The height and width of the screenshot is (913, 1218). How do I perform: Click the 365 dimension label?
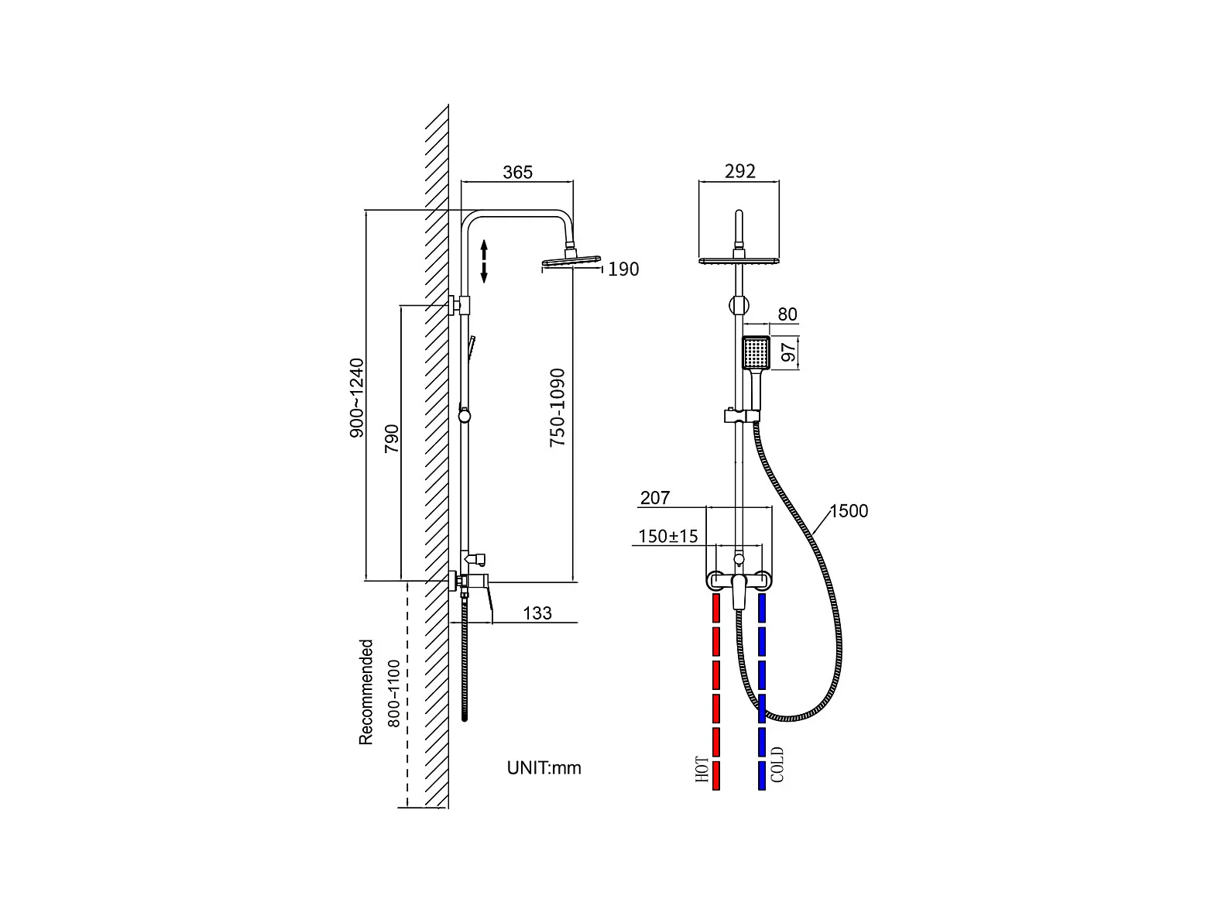click(517, 172)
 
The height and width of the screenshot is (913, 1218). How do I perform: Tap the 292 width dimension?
click(739, 171)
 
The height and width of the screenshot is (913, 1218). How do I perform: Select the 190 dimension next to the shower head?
click(623, 269)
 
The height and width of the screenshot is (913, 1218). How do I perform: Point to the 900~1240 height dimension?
click(357, 398)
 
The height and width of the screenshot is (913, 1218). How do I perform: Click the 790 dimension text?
click(392, 439)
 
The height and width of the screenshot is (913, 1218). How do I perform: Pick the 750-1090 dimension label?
click(558, 407)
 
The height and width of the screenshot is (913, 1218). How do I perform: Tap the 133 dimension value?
click(537, 613)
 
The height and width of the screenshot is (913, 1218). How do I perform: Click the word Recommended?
click(366, 692)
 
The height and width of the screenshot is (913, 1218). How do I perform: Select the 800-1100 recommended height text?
click(393, 692)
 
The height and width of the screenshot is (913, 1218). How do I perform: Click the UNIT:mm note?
click(544, 767)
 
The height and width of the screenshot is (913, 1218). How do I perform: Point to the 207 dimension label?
click(655, 498)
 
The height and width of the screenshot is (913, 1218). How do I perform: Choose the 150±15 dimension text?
click(667, 536)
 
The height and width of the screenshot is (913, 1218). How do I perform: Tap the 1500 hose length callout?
click(849, 511)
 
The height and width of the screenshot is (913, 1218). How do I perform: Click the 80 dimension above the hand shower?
click(787, 314)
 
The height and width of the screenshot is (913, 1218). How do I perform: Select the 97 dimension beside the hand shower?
click(788, 352)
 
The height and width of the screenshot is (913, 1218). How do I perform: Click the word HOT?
click(703, 771)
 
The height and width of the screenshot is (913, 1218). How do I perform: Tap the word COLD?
click(778, 764)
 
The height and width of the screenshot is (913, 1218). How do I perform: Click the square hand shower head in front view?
click(756, 353)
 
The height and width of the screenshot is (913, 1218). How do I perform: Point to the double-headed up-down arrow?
click(484, 261)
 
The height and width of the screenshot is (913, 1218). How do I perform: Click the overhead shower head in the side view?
click(571, 263)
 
